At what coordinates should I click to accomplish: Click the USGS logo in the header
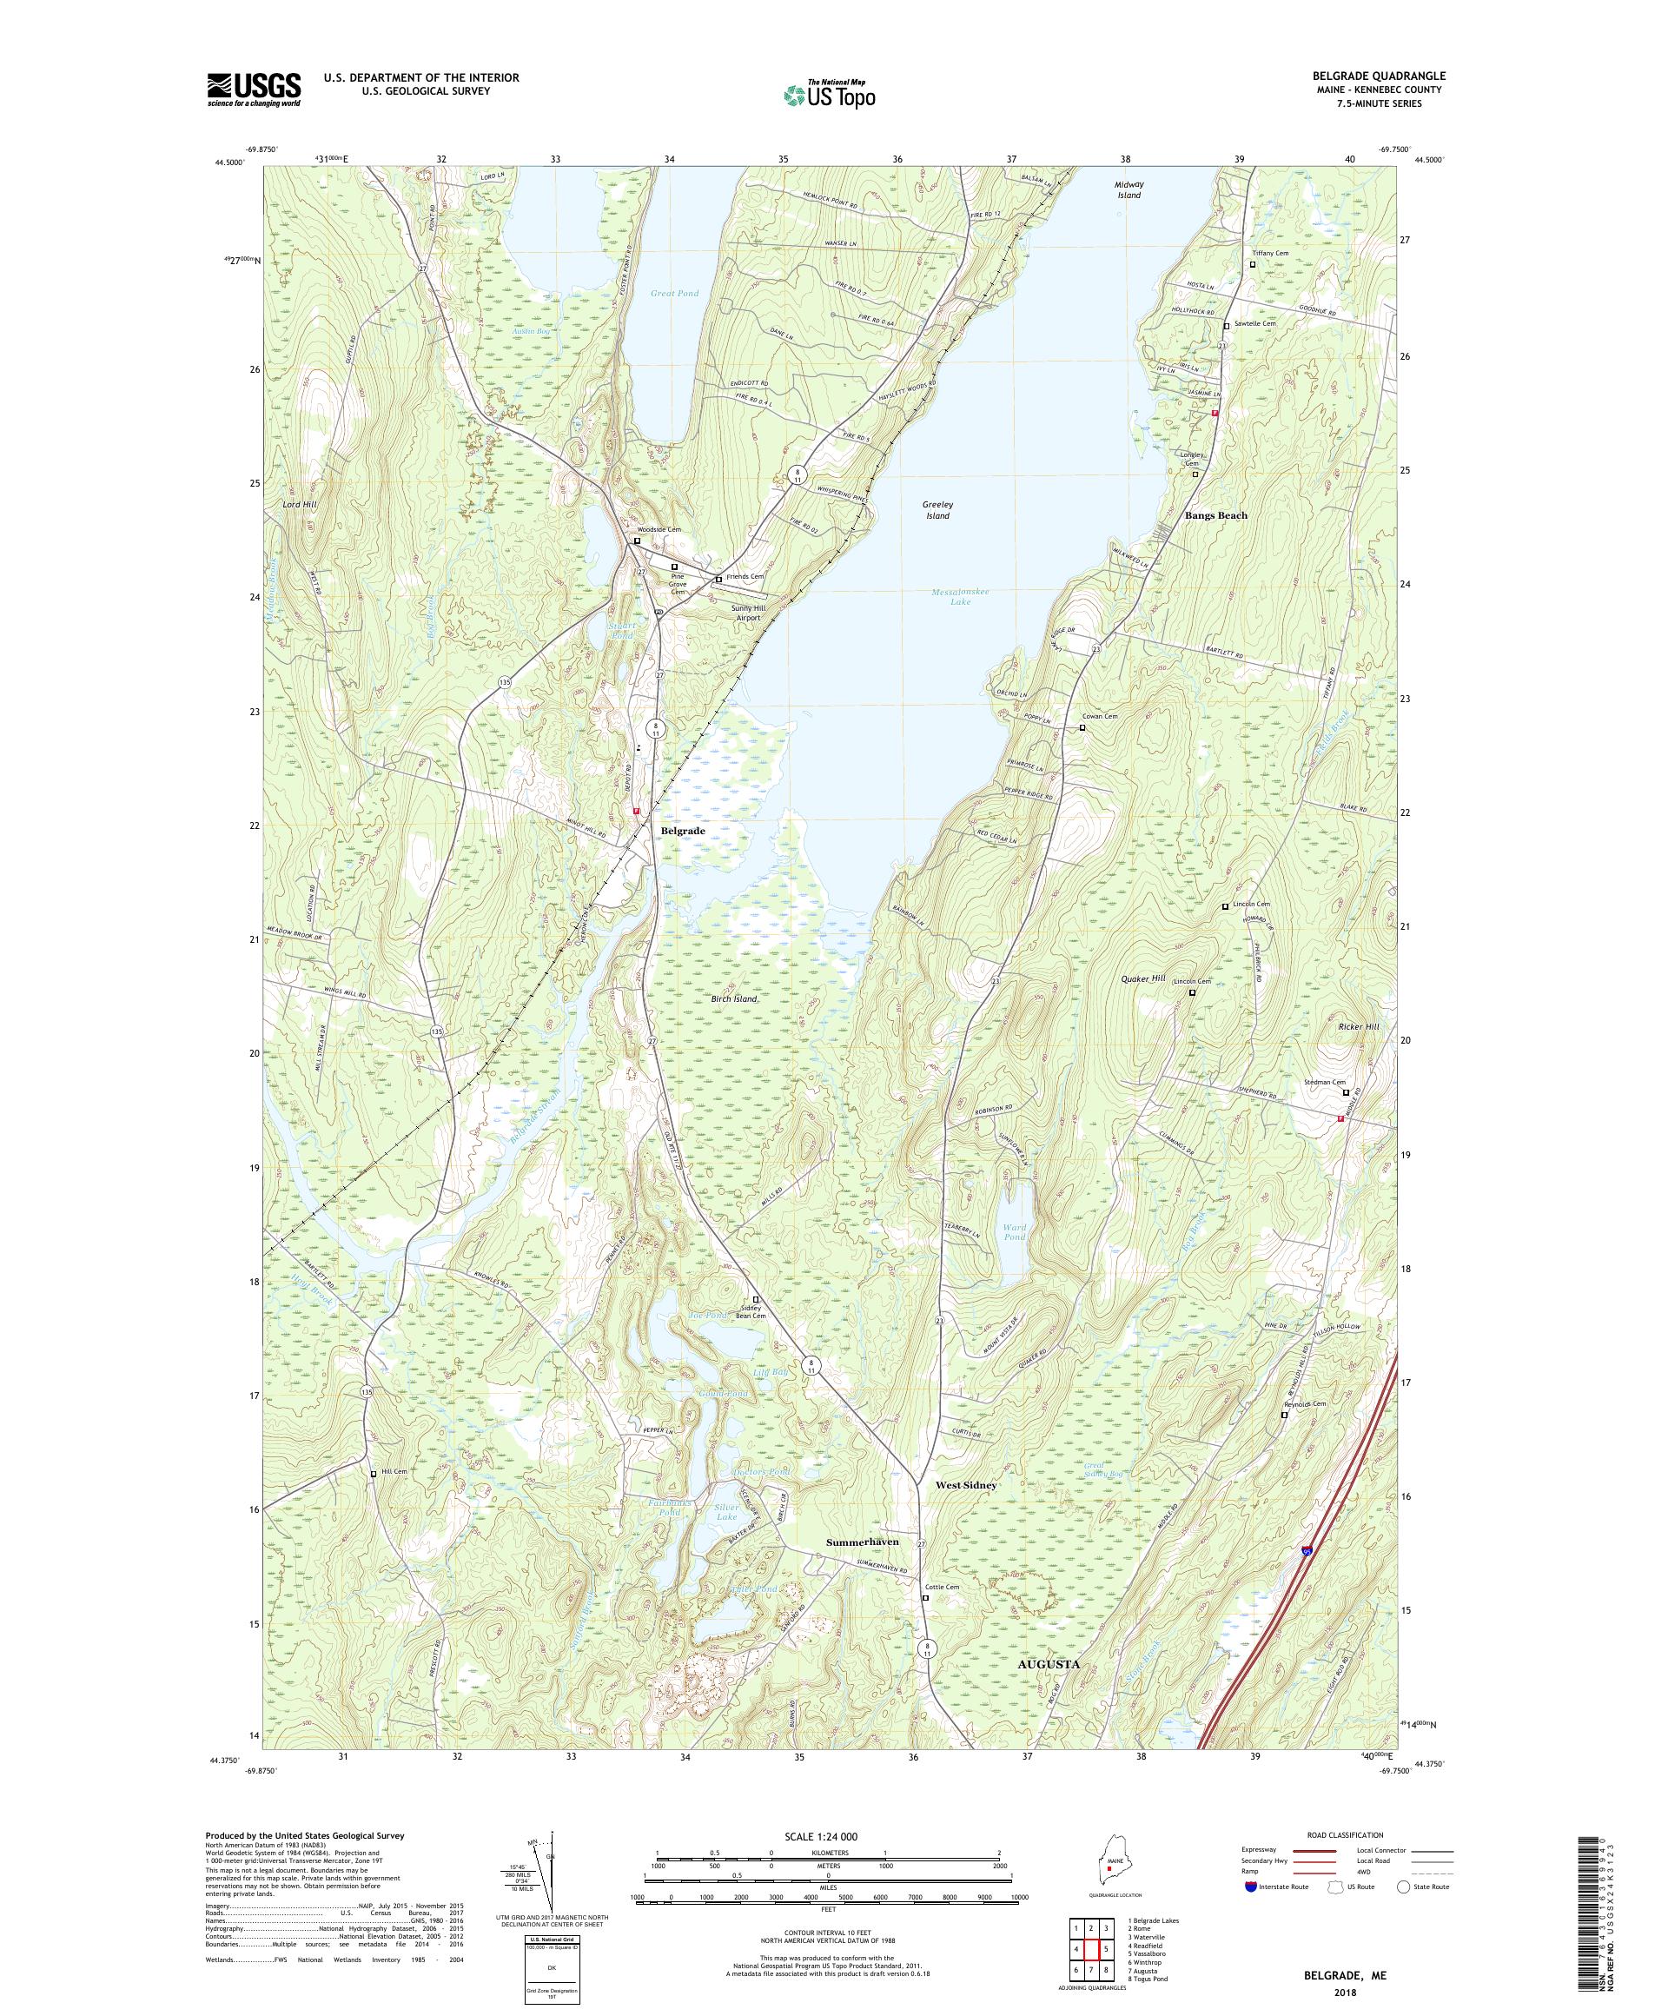point(254,90)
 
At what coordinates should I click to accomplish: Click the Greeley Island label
point(937,510)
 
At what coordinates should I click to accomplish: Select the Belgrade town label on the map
point(682,831)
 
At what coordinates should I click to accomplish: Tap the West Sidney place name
point(965,1512)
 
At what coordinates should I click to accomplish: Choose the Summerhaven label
point(863,1568)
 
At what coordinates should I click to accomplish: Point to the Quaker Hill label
point(1142,978)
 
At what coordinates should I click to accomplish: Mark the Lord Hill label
point(300,504)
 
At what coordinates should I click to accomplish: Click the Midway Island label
point(1129,189)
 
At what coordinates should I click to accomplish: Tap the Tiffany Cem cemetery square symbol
point(1253,265)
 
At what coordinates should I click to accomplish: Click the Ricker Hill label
point(1358,1027)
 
